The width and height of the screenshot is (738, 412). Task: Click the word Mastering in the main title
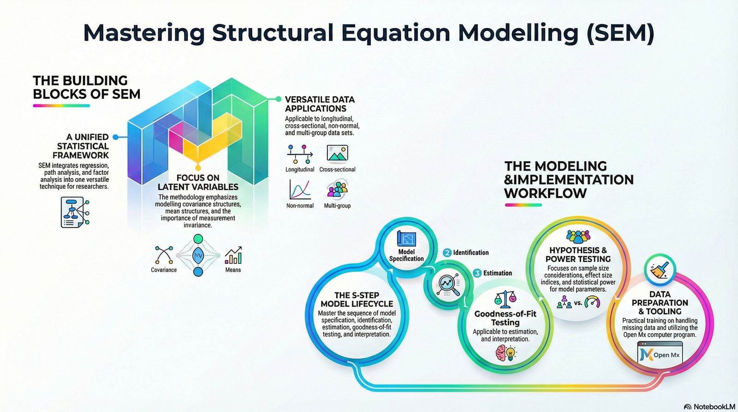click(143, 33)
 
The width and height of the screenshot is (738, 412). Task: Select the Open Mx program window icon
click(660, 353)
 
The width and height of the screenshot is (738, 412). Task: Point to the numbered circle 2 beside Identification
click(447, 253)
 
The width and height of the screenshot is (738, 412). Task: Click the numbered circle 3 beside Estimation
click(477, 273)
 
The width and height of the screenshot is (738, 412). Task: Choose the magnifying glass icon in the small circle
click(448, 285)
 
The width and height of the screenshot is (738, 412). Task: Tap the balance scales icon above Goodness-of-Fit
click(505, 299)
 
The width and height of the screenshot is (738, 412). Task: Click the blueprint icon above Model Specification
click(406, 239)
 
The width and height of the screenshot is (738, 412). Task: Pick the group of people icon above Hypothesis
click(578, 237)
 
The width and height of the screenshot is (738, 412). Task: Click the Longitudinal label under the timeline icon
click(300, 169)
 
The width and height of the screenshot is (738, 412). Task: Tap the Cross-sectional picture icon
click(337, 153)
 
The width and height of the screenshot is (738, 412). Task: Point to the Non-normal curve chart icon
click(300, 190)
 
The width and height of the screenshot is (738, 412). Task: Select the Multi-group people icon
click(337, 190)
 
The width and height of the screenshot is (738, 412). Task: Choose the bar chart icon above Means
click(233, 255)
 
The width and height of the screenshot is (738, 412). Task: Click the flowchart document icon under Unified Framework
click(74, 212)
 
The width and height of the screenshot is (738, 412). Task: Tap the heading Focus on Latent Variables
click(198, 182)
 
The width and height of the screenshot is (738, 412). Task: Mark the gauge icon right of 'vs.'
click(592, 303)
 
